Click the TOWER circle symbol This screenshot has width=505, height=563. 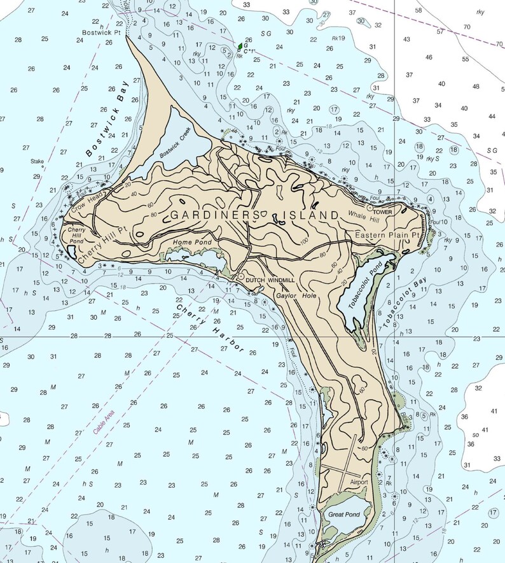(370, 207)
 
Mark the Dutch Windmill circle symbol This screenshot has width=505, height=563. (241, 277)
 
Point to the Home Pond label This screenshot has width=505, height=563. (188, 242)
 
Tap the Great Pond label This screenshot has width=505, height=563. (343, 513)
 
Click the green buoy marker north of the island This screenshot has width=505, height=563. (240, 46)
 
